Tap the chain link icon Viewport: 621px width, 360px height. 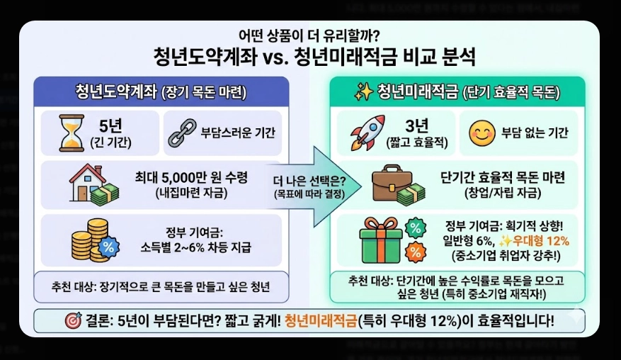pyautogui.click(x=181, y=133)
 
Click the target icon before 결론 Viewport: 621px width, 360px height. pyautogui.click(x=73, y=320)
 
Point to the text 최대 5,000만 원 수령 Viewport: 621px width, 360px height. pyautogui.click(x=192, y=177)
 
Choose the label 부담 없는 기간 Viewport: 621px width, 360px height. pyautogui.click(x=535, y=133)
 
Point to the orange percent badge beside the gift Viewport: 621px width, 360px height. pyautogui.click(x=415, y=252)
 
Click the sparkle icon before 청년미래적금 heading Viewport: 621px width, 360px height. pyautogui.click(x=363, y=91)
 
